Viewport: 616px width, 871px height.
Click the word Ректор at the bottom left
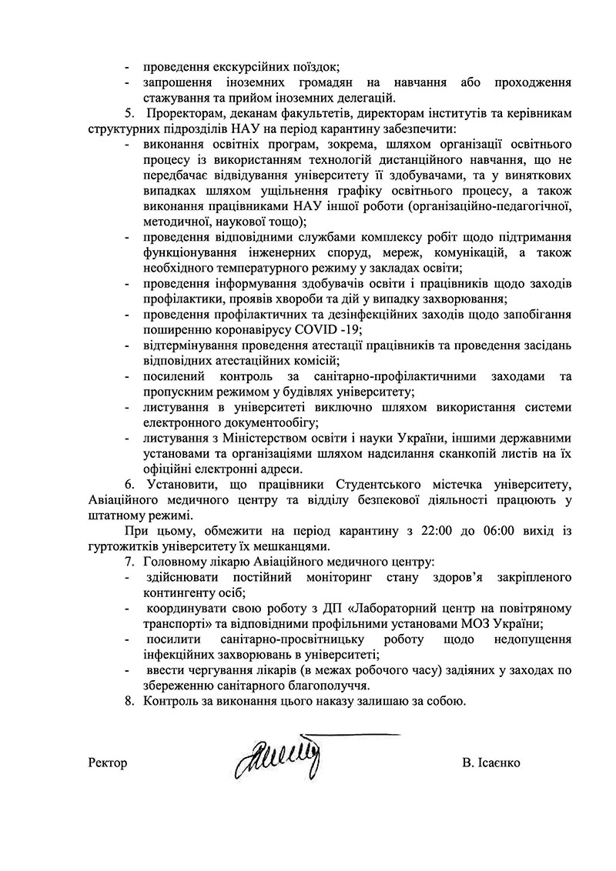(x=108, y=763)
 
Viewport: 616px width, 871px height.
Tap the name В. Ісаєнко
(x=492, y=763)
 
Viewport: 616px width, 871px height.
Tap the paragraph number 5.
(x=129, y=114)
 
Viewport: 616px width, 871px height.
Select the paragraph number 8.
(x=129, y=701)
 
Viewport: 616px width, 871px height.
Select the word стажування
(x=174, y=98)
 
